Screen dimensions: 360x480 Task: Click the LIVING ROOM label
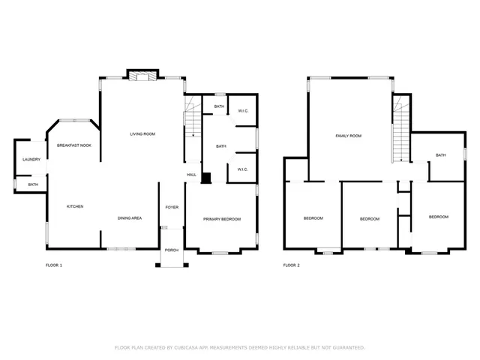click(142, 133)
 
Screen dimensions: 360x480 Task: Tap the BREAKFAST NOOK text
click(74, 145)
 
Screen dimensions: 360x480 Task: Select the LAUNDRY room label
click(31, 159)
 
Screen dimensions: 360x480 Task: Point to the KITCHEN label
click(75, 206)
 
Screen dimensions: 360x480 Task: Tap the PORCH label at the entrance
click(172, 250)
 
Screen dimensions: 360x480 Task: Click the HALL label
click(192, 175)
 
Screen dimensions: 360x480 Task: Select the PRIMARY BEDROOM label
click(222, 218)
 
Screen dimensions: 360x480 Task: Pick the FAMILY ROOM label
click(348, 136)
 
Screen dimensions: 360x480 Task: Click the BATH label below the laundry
click(33, 184)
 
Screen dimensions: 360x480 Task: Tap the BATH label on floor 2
click(440, 155)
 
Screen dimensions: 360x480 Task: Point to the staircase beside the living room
click(193, 120)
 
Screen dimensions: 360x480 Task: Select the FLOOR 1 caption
click(54, 265)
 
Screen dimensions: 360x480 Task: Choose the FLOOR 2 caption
click(291, 265)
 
